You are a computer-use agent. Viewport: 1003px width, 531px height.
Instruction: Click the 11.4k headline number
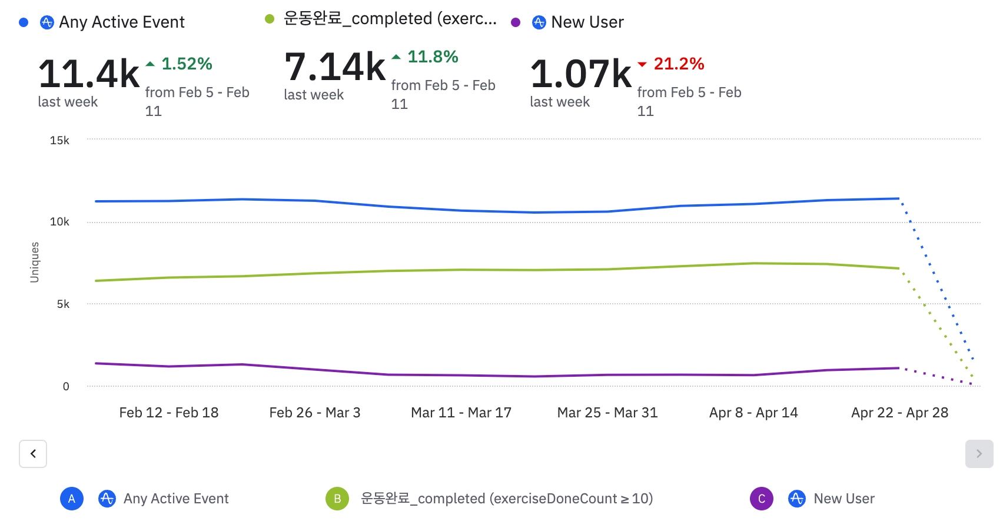89,74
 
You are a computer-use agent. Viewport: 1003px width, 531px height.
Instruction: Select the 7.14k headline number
335,67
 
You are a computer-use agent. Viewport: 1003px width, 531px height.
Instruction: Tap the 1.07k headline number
581,74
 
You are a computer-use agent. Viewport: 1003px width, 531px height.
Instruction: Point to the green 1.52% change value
187,64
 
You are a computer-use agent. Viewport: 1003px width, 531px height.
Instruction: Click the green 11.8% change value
433,57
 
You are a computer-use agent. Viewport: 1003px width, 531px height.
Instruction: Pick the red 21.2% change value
679,64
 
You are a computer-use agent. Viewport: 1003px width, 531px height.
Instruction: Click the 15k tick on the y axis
59,140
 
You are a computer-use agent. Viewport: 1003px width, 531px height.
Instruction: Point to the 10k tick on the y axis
59,222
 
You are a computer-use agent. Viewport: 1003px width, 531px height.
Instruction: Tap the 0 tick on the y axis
66,386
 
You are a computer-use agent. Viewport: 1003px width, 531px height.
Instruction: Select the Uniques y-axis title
35,263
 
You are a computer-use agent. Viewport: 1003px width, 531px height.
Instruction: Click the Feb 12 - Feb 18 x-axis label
169,413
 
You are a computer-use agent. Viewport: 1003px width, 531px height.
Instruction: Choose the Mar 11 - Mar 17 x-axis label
461,413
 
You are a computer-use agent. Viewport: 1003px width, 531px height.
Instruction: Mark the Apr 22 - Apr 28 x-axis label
899,413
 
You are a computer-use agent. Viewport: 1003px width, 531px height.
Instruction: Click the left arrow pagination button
33,454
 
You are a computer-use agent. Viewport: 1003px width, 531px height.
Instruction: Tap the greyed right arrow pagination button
979,454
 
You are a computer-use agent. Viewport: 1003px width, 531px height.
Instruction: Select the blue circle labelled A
72,499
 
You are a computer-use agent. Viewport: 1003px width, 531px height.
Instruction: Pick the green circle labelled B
337,499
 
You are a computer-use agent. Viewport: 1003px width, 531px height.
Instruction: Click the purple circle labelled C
761,499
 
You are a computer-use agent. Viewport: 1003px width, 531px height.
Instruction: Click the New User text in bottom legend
844,499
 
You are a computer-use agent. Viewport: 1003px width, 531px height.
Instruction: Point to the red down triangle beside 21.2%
642,64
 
